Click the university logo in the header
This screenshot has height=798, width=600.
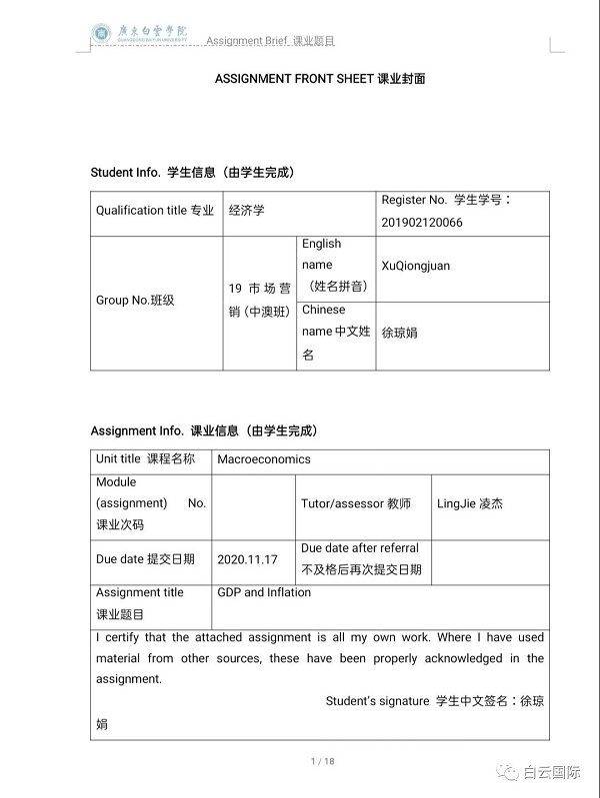click(x=101, y=34)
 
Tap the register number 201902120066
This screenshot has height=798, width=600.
click(x=422, y=222)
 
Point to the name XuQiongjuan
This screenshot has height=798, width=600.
click(x=416, y=267)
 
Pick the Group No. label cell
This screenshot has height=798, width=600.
click(x=135, y=300)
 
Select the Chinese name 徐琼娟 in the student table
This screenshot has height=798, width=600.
click(x=400, y=333)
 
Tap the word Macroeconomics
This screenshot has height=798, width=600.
click(x=264, y=459)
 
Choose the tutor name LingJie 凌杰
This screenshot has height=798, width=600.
click(x=470, y=503)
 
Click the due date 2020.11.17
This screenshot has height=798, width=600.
click(x=246, y=559)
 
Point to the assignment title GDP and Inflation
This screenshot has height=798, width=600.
click(x=264, y=592)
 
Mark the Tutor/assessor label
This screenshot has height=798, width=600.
click(x=356, y=503)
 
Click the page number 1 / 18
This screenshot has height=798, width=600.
click(x=322, y=762)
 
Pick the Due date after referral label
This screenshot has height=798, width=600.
click(x=360, y=548)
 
